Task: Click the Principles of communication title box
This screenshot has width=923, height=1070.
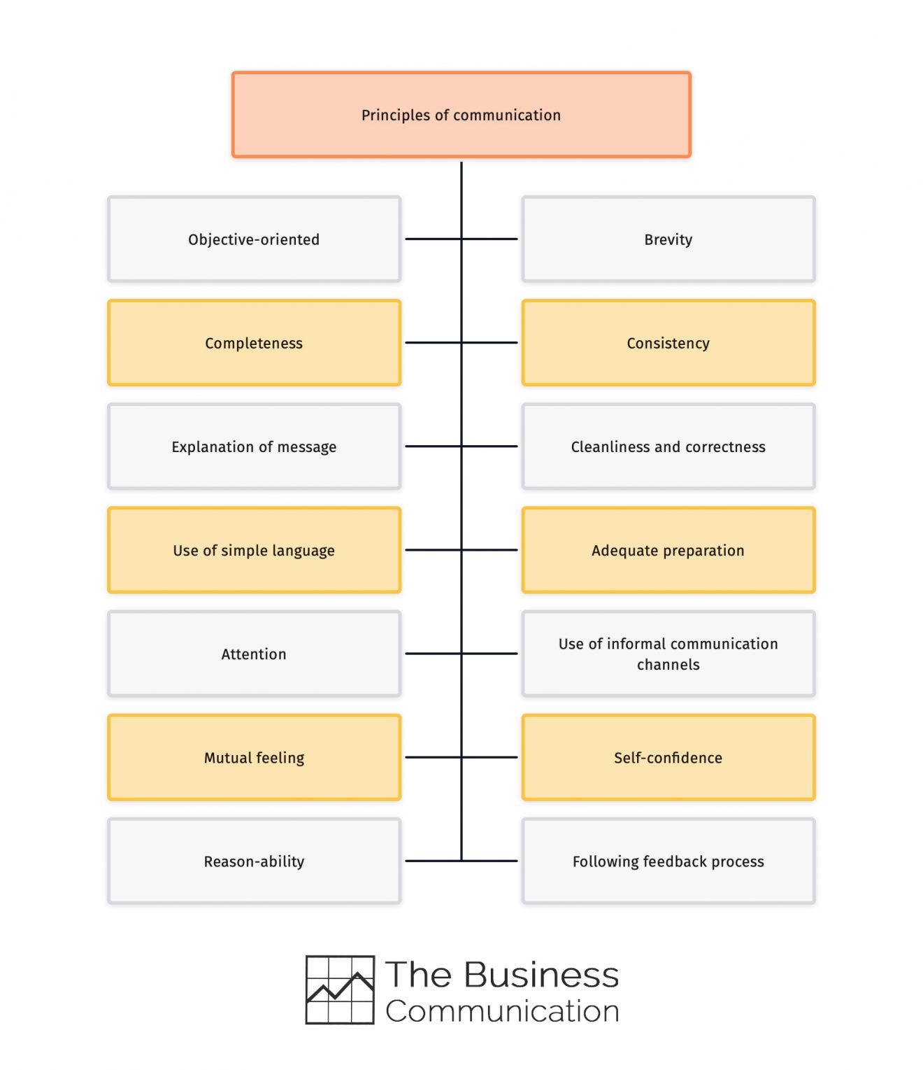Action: (461, 115)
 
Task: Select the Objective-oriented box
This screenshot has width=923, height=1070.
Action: (254, 239)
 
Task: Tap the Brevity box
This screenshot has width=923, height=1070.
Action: (668, 239)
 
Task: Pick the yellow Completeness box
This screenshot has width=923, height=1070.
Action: (254, 343)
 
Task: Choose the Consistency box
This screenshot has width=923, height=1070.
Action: (668, 343)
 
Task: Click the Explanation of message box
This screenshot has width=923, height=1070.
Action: (254, 446)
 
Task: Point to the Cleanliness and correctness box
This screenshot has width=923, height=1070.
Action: (668, 446)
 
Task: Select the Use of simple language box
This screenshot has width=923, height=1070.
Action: (254, 550)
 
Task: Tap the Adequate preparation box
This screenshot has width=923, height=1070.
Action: (668, 550)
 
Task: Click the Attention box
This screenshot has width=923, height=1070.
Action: (254, 654)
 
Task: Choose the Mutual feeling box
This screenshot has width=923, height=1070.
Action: (254, 757)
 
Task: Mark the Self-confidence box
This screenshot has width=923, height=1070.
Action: (668, 757)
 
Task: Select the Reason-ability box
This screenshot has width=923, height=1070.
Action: (254, 861)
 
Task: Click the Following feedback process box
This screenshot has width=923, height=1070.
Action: (668, 861)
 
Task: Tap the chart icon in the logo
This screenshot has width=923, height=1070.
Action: (340, 990)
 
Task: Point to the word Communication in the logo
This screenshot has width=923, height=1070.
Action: (502, 1011)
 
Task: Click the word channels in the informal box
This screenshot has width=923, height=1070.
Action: (668, 665)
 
